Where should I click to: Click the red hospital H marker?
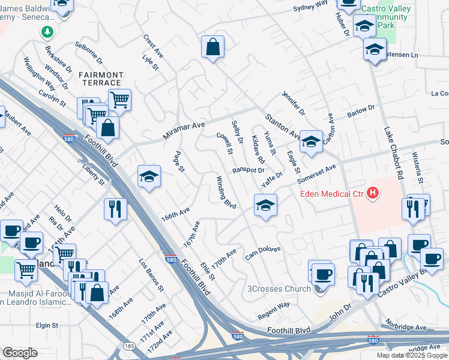coord(373,193)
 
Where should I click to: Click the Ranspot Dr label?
coord(249,170)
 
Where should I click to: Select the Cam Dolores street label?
coord(263,253)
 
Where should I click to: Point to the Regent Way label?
coord(274,310)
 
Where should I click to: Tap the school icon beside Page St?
coord(149,177)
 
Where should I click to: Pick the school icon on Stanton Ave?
coord(311,142)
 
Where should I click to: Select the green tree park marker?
coord(47,32)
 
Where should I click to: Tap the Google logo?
coord(20,353)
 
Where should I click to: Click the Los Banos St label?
coord(151,275)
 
